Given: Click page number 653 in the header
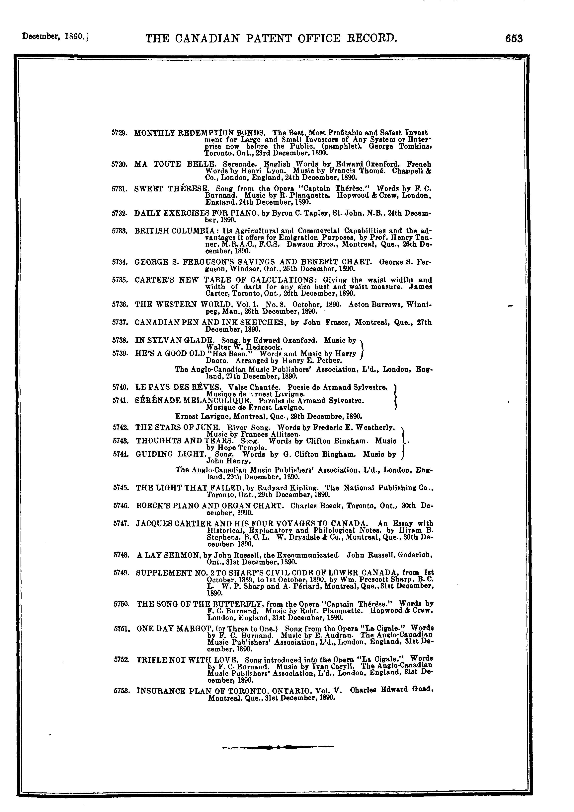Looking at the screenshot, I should [514, 38].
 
